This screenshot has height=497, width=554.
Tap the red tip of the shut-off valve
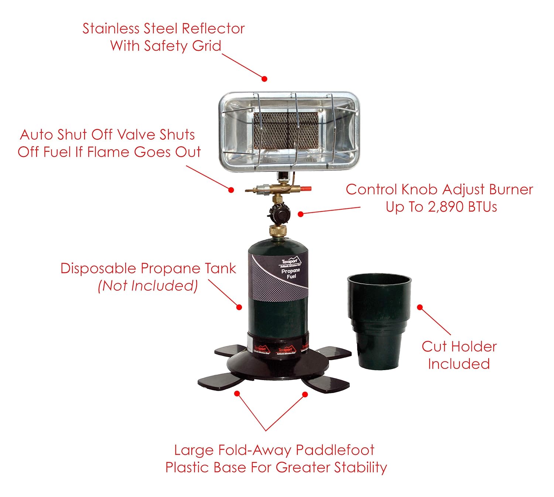[x=306, y=189]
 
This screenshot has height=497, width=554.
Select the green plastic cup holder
[x=379, y=321]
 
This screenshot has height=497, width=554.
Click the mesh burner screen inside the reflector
[x=286, y=130]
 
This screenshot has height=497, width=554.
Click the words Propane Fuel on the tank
[x=291, y=273]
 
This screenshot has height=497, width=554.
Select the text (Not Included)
[x=148, y=286]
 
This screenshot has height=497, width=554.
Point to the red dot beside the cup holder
[x=420, y=307]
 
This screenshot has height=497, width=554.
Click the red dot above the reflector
[x=264, y=79]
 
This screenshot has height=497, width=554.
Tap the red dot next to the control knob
[x=301, y=214]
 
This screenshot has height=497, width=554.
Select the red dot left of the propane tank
[x=239, y=307]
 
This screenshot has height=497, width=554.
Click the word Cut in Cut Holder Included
[x=434, y=347]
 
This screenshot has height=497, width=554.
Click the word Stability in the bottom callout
[x=360, y=467]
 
